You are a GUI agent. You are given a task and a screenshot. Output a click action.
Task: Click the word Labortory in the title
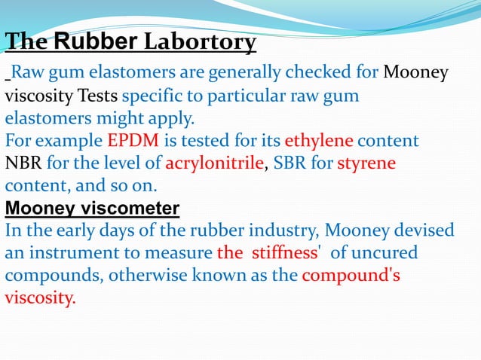pyautogui.click(x=199, y=42)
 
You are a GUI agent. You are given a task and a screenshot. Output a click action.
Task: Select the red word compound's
pyautogui.click(x=351, y=275)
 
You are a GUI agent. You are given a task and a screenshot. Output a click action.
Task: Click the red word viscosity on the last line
pyautogui.click(x=41, y=297)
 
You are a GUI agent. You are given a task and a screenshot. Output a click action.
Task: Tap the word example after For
pyautogui.click(x=67, y=141)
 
